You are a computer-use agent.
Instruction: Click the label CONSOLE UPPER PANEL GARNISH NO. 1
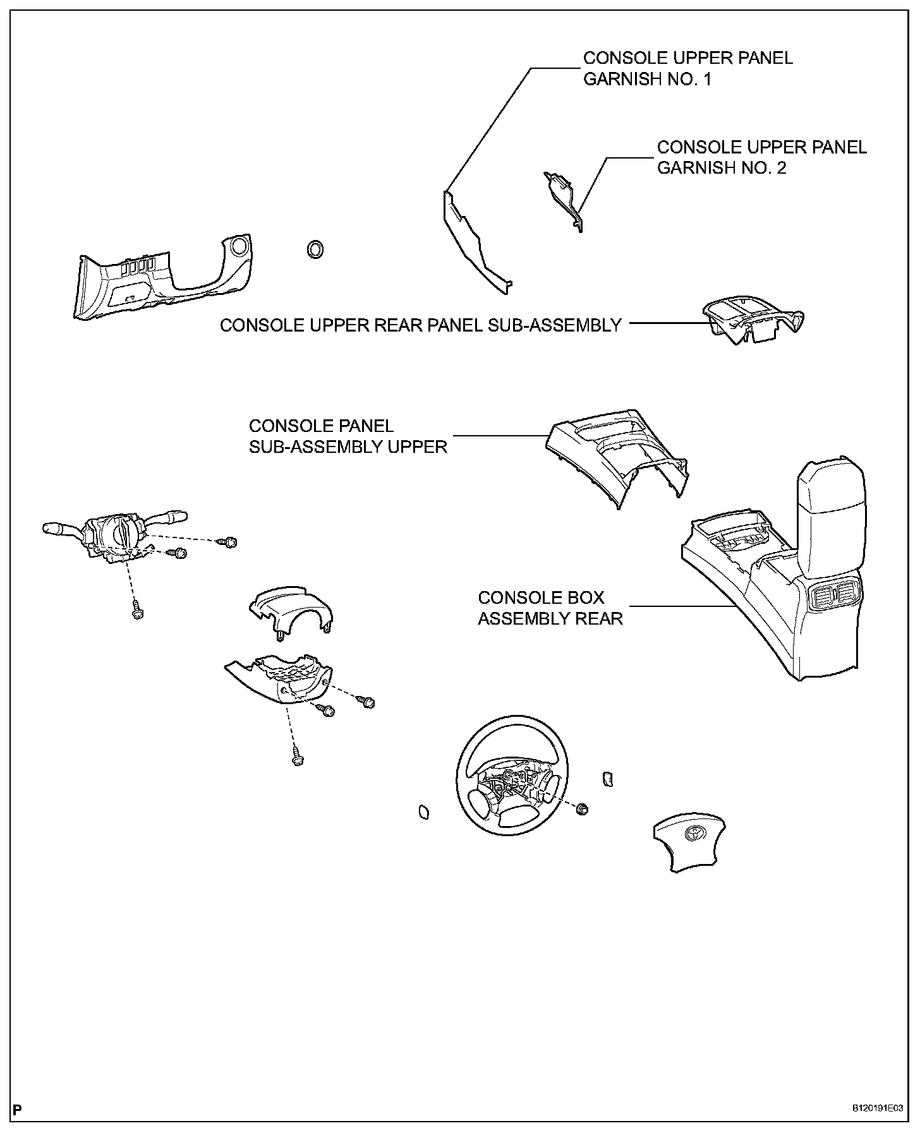pyautogui.click(x=687, y=69)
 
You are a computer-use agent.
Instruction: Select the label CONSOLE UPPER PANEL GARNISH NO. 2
pyautogui.click(x=761, y=157)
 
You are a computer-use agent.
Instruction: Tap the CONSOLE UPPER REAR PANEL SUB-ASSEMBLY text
pyautogui.click(x=421, y=325)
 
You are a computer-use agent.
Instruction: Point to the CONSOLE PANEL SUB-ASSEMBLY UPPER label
pyautogui.click(x=348, y=436)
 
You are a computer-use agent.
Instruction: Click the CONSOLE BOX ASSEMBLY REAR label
pyautogui.click(x=550, y=608)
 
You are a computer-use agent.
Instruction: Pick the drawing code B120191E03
pyautogui.click(x=878, y=1108)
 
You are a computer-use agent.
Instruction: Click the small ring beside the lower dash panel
pyautogui.click(x=314, y=249)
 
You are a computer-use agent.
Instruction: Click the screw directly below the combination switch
pyautogui.click(x=136, y=611)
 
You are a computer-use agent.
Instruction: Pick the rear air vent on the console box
pyautogui.click(x=832, y=595)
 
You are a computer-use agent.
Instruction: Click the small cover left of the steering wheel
pyautogui.click(x=423, y=812)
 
